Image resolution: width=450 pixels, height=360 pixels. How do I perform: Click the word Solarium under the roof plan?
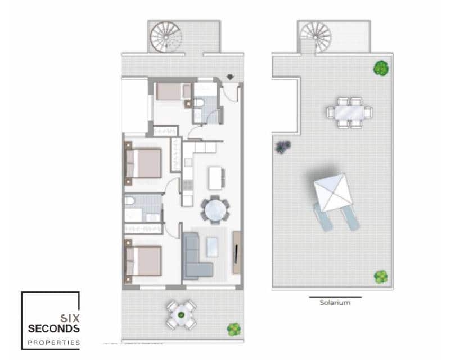(335, 303)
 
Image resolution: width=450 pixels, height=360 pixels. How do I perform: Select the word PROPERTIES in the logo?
(54, 342)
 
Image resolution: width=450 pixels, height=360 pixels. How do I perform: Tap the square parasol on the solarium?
(334, 191)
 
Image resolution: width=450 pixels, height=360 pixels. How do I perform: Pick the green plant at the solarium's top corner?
(381, 69)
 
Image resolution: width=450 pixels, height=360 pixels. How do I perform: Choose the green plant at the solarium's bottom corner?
(381, 276)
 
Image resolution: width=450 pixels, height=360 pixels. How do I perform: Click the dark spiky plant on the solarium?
(282, 147)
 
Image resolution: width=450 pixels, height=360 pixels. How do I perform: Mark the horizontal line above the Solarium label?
(335, 296)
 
